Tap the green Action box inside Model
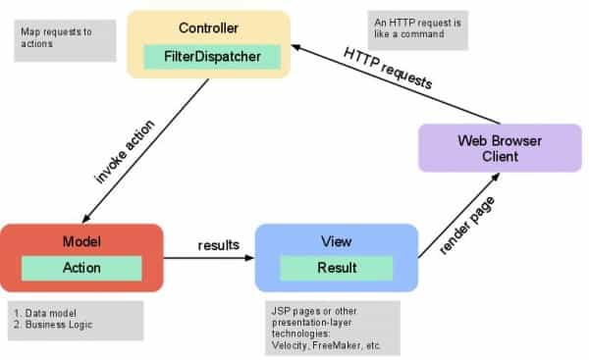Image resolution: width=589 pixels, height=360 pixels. click(x=81, y=268)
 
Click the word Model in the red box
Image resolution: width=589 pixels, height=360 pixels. click(x=81, y=240)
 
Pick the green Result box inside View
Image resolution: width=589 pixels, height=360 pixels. click(x=335, y=268)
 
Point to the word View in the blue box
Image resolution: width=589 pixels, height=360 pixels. click(x=336, y=240)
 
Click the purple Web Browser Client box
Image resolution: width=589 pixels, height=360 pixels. click(x=500, y=148)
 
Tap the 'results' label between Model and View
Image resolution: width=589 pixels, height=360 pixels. click(x=218, y=245)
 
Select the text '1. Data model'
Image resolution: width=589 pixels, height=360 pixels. click(x=46, y=312)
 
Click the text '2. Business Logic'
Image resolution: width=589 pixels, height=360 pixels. click(x=57, y=325)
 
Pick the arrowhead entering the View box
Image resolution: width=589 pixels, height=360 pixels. click(x=248, y=260)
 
